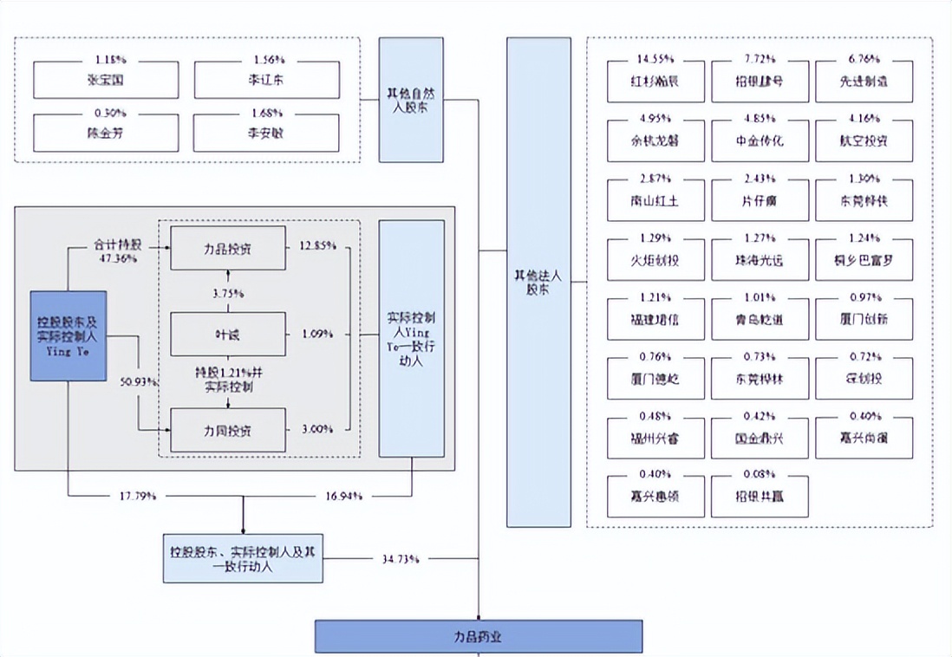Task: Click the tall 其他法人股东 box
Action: (538, 282)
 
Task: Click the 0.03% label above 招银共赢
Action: (760, 474)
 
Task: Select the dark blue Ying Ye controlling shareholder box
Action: (68, 335)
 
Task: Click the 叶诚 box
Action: (228, 335)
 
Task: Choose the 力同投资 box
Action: (228, 429)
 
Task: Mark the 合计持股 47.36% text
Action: (117, 251)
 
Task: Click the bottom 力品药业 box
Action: (478, 636)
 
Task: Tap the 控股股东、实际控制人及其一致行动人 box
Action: (243, 558)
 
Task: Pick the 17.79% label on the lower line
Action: (139, 497)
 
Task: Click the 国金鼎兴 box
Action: (759, 439)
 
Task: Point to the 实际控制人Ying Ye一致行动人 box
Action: (412, 338)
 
